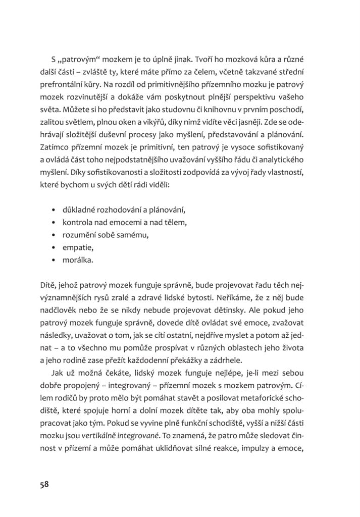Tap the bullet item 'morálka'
pyautogui.click(x=78, y=261)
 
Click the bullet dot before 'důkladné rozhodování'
pyautogui.click(x=54, y=209)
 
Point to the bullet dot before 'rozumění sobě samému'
pyautogui.click(x=54, y=235)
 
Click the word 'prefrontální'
pyautogui.click(x=63, y=83)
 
